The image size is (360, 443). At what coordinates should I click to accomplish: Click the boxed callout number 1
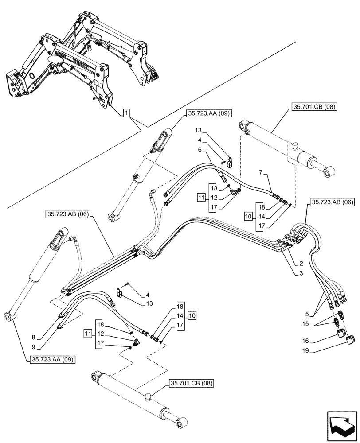(127, 114)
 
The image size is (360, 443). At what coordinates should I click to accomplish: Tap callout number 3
(302, 274)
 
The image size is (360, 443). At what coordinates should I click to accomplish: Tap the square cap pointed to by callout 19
(350, 340)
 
